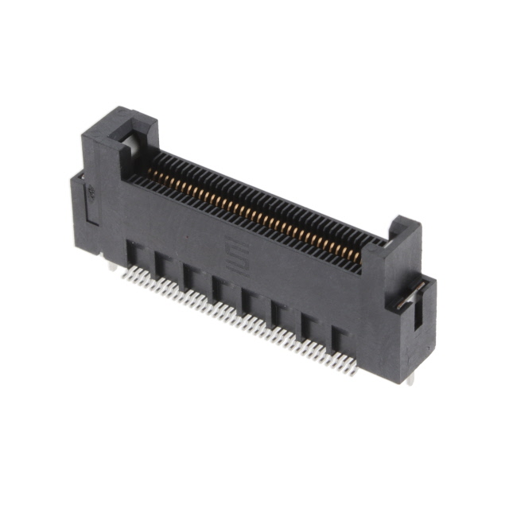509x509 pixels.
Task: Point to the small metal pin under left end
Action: click(112, 267)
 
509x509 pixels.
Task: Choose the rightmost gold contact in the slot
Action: click(357, 254)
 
